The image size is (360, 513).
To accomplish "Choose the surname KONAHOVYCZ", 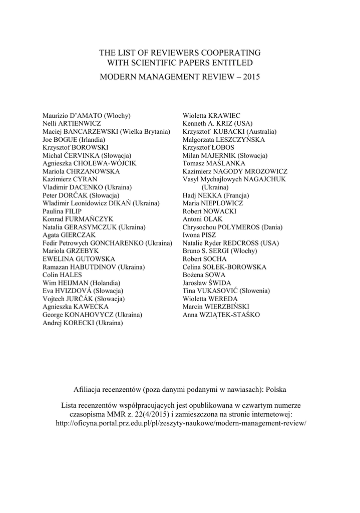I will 90,315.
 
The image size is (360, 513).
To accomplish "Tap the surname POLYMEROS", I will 239,227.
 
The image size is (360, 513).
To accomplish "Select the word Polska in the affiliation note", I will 276,389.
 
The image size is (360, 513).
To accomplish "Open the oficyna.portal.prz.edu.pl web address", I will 180,422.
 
